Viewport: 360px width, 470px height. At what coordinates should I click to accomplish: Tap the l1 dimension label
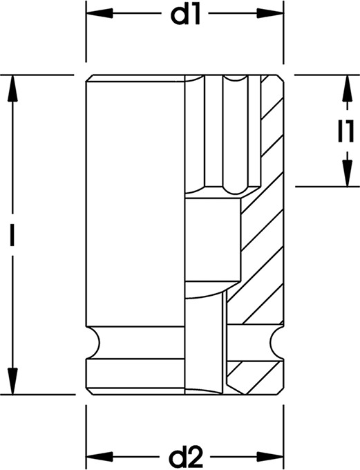346,131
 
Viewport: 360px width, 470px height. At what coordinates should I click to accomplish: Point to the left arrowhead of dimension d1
100,14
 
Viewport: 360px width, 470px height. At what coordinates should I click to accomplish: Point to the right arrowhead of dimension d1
270,14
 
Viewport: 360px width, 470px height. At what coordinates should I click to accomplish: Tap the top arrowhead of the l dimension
12,88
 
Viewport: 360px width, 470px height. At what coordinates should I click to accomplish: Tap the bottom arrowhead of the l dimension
12,381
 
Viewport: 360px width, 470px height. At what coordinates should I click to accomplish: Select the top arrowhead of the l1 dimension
347,88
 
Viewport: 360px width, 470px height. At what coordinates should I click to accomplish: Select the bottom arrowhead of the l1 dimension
347,173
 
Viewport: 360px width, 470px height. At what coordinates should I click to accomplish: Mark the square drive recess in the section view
213,240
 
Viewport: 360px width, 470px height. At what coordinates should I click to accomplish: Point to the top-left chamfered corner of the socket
89,78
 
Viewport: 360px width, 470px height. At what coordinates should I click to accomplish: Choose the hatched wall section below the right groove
254,377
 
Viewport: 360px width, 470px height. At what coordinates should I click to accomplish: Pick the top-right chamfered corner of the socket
280,78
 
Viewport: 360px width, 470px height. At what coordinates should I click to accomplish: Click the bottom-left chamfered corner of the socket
89,391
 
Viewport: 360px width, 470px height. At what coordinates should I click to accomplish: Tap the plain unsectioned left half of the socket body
135,201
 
